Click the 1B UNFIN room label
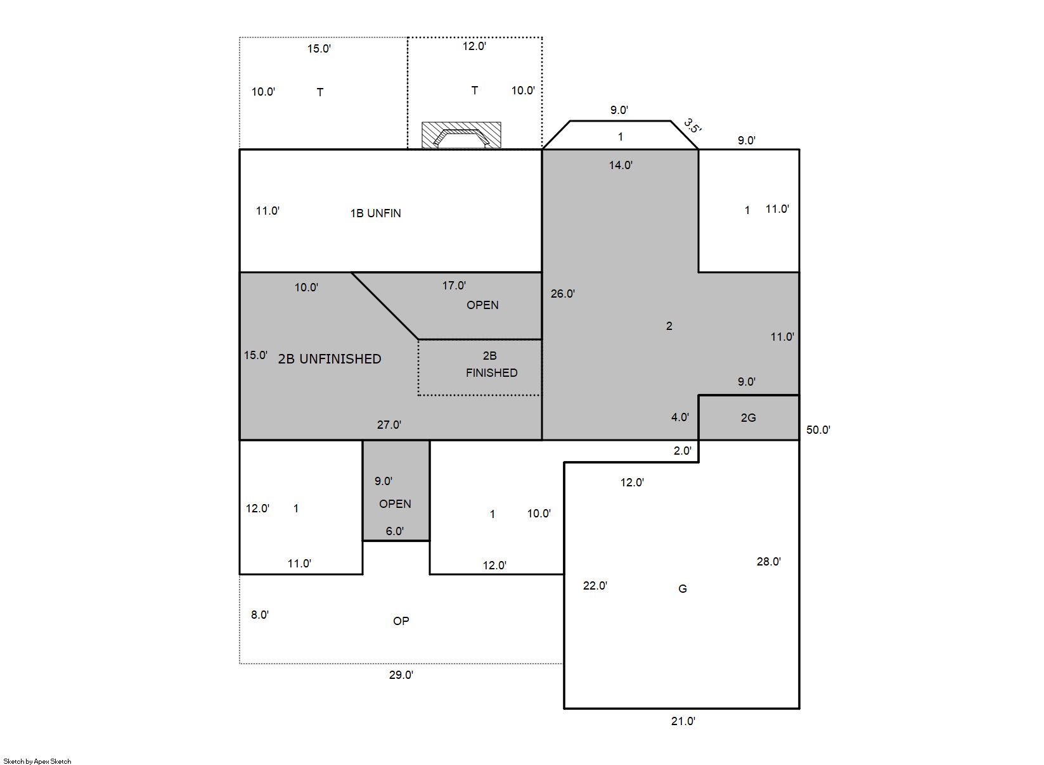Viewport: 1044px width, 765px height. coord(375,213)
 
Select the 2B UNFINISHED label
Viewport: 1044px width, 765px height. coord(330,359)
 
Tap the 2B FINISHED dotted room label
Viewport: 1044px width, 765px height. coord(491,364)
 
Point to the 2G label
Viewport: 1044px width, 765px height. coord(748,418)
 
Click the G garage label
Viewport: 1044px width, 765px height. coord(682,589)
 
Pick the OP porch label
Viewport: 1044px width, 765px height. coord(401,621)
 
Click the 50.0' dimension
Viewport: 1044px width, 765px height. coord(818,430)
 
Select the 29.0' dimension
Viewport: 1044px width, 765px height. coord(401,674)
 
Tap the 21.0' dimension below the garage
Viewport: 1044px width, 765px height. coord(683,721)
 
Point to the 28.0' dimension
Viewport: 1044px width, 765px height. coord(768,562)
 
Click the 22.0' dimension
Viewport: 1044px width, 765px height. coord(595,586)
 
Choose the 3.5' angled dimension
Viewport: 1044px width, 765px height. coord(692,126)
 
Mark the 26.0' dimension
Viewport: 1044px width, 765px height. coord(562,294)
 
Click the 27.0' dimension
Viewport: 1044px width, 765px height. coord(389,425)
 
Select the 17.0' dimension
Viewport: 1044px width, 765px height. coord(454,286)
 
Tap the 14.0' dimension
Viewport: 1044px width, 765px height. coord(621,165)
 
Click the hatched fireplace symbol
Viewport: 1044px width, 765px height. coord(461,135)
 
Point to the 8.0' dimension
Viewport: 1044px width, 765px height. coord(260,615)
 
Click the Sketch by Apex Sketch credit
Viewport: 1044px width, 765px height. coord(37,761)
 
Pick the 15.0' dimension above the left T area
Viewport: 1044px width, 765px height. coord(319,49)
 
